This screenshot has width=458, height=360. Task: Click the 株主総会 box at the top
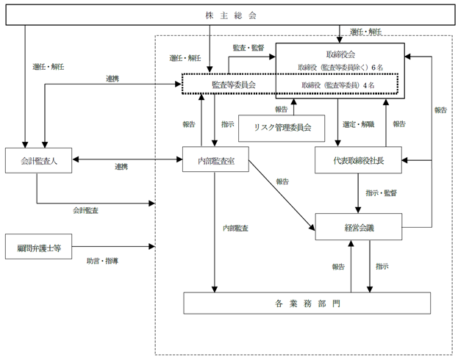(230, 15)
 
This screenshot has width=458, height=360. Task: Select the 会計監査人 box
(38, 160)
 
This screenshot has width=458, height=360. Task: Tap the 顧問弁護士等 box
(38, 246)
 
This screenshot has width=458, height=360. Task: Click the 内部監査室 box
(215, 159)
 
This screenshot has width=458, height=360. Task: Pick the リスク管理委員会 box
(282, 128)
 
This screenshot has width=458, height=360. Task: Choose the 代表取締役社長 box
(358, 160)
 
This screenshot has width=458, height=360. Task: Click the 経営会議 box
(359, 227)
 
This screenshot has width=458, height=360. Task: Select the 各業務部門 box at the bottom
(307, 303)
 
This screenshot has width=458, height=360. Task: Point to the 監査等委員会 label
(234, 84)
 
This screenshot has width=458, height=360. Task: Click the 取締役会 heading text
(340, 54)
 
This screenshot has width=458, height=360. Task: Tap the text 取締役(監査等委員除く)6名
(340, 68)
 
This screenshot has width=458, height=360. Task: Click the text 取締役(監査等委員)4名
(338, 85)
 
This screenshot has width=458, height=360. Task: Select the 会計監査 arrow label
(85, 210)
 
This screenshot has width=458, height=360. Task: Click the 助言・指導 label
(102, 261)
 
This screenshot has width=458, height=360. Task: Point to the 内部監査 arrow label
(236, 228)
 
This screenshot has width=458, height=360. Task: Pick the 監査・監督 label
(248, 48)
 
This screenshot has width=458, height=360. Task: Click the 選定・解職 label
(359, 124)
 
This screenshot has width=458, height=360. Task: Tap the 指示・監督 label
(382, 193)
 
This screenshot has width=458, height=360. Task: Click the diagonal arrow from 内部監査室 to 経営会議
(282, 195)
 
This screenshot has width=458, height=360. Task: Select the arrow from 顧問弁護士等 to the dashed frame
(113, 246)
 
